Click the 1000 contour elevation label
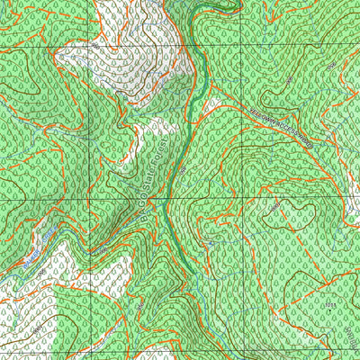click(x=276, y=206)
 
